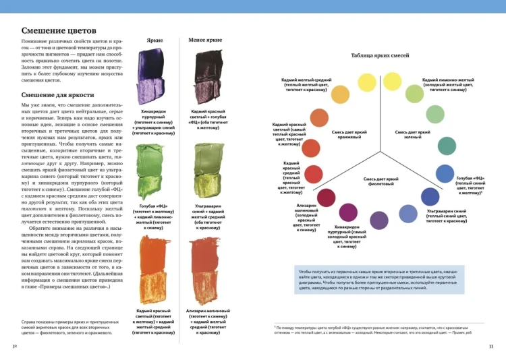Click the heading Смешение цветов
pos(58,31)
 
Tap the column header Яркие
pos(154,40)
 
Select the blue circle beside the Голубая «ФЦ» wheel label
pos(444,174)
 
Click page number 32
pos(15,347)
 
